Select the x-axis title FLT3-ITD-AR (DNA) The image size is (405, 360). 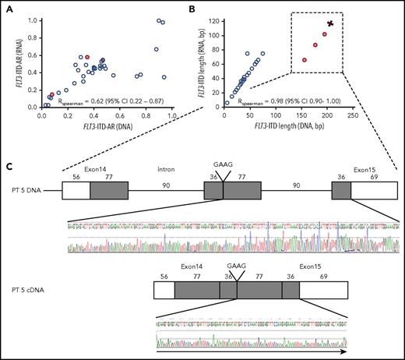pyautogui.click(x=105, y=125)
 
